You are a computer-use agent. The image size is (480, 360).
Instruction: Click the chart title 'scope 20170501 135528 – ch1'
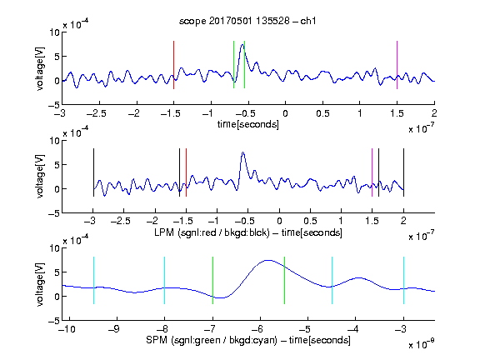pos(247,21)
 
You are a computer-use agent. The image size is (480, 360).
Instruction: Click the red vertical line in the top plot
pos(173,65)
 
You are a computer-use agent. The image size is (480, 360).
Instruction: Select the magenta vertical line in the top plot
pos(397,65)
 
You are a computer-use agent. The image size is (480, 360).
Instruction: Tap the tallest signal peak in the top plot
pos(242,45)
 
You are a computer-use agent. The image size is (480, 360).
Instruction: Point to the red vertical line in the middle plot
pos(186,172)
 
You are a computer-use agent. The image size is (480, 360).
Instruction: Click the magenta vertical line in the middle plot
pos(372,172)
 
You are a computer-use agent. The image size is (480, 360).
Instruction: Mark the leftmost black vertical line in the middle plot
pos(93,172)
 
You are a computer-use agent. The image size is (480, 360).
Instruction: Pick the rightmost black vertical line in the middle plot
pos(403,172)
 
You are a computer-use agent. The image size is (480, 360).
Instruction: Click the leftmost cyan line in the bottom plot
pos(93,280)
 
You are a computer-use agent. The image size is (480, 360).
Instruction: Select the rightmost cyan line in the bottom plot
pos(403,280)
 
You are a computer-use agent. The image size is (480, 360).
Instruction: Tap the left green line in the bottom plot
pos(212,280)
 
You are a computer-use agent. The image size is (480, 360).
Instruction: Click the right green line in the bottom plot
pos(284,280)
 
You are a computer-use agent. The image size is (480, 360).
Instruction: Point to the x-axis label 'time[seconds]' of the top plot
pos(248,124)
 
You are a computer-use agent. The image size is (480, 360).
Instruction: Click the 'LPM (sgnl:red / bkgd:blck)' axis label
pos(212,232)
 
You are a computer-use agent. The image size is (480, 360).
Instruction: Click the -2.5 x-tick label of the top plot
pos(97,113)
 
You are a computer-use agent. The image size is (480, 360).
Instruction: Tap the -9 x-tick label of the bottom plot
pos(114,329)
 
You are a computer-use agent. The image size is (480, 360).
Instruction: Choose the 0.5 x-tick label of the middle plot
pos(310,221)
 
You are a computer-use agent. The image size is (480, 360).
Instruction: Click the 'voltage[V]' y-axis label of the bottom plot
pos(40,284)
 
